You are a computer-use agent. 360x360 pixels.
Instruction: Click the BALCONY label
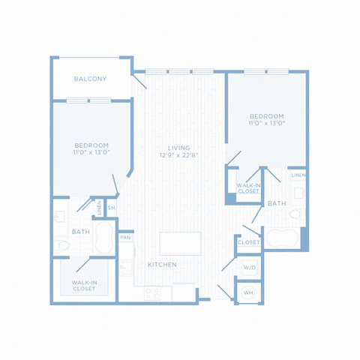click(x=90, y=79)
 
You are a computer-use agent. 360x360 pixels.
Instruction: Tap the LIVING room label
click(x=178, y=148)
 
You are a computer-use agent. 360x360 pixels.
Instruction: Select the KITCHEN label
click(x=162, y=265)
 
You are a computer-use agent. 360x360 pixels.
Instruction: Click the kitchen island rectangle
click(x=180, y=244)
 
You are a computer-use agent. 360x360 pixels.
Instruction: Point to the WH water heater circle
click(x=248, y=292)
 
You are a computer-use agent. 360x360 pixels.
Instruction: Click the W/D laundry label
click(x=250, y=268)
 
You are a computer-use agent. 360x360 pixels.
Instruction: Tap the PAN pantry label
click(x=125, y=238)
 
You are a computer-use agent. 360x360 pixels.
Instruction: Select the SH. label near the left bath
click(x=112, y=208)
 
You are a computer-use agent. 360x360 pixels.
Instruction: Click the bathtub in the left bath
click(x=104, y=238)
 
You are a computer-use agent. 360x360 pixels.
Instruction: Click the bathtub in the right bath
click(x=282, y=238)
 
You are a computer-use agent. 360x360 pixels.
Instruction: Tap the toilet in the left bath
click(x=61, y=245)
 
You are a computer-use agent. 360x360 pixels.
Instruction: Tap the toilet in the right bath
click(x=297, y=214)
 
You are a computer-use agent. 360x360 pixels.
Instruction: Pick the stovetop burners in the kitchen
click(x=153, y=293)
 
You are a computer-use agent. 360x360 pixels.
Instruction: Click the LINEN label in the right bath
click(x=298, y=175)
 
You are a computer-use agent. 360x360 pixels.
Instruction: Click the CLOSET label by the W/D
click(x=249, y=242)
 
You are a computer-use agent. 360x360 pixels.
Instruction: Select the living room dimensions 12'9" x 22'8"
click(x=178, y=155)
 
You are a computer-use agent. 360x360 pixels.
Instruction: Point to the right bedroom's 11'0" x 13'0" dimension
click(x=267, y=123)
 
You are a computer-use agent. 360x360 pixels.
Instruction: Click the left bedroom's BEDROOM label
click(x=91, y=145)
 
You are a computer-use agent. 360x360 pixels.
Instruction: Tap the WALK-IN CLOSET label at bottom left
click(x=84, y=286)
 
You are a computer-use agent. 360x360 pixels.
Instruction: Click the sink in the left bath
click(x=60, y=216)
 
